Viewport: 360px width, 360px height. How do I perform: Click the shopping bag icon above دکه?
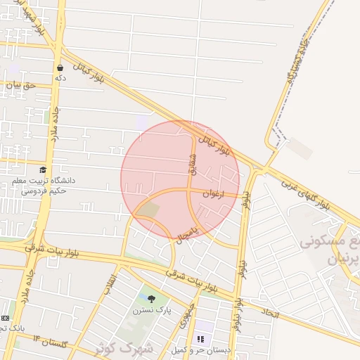(x=60, y=68)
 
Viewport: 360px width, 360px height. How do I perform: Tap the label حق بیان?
(x=21, y=85)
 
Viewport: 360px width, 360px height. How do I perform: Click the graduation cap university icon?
(x=43, y=169)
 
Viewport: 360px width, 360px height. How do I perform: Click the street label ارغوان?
(x=213, y=192)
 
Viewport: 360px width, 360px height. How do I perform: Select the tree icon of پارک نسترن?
(x=151, y=298)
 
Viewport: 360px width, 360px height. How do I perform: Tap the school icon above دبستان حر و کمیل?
(x=201, y=339)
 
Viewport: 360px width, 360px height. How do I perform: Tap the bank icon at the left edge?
(x=5, y=318)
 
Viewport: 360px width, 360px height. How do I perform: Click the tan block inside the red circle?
(x=148, y=209)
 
